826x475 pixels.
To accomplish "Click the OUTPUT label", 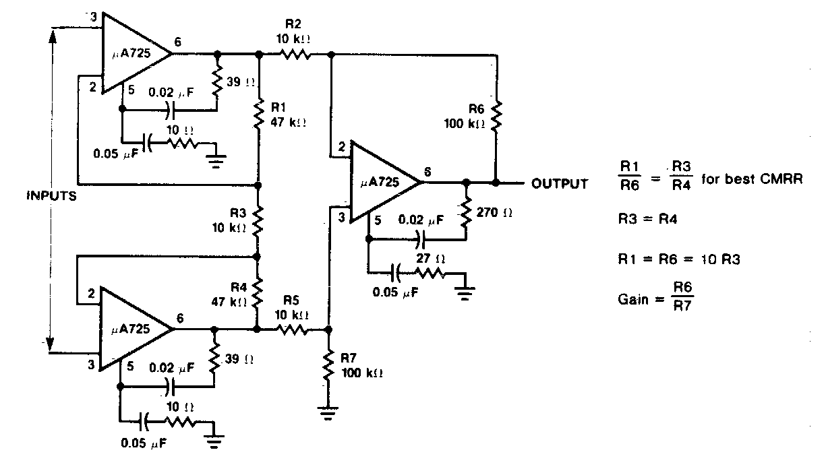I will [560, 183].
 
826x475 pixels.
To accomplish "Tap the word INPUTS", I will [50, 197].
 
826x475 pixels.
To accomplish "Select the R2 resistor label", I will [292, 25].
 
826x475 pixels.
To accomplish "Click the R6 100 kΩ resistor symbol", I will [496, 116].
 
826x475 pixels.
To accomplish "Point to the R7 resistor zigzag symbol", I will [328, 367].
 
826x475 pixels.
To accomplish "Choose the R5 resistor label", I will [291, 301].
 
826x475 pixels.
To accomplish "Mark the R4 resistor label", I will [236, 286].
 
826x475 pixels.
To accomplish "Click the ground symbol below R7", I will [328, 412].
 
